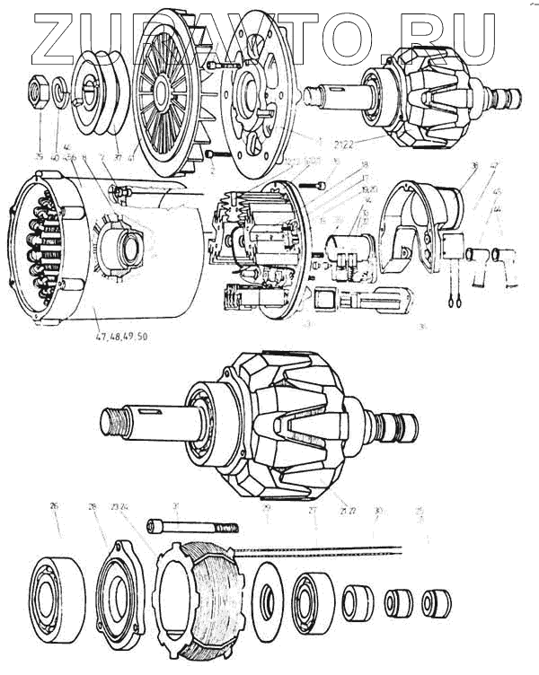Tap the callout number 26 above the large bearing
54,506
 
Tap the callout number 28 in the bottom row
92,507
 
